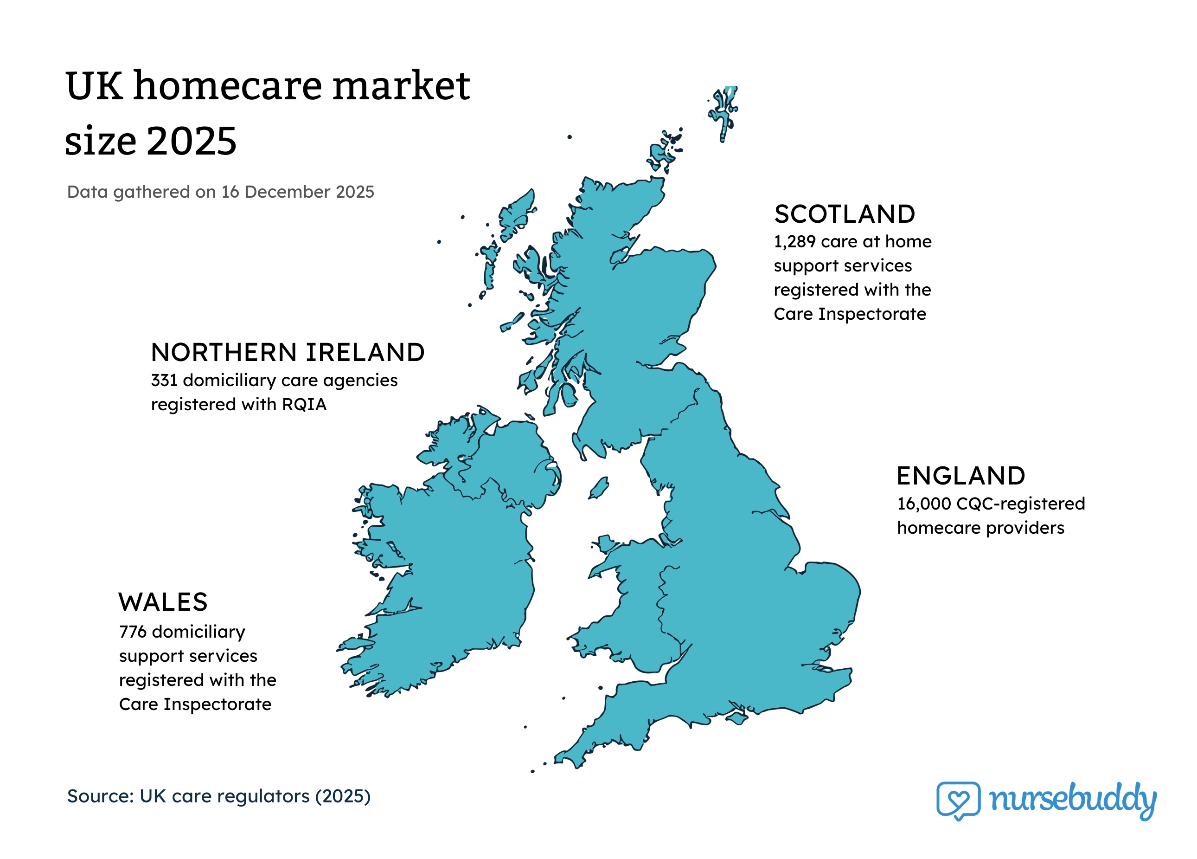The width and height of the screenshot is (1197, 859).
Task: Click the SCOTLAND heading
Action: (x=844, y=214)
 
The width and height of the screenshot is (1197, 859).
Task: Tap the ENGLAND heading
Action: (x=960, y=476)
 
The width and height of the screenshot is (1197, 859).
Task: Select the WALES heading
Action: (x=163, y=602)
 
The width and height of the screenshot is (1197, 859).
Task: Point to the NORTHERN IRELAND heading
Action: (x=288, y=353)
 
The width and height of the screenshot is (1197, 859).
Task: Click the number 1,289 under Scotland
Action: (x=794, y=242)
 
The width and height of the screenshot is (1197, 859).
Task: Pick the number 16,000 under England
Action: (x=924, y=504)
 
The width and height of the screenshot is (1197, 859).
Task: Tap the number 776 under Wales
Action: (x=133, y=632)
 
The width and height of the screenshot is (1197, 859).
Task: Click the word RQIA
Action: (x=305, y=405)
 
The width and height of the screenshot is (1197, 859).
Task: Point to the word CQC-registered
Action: (x=1021, y=504)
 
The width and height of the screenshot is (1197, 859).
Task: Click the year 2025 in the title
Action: (x=192, y=142)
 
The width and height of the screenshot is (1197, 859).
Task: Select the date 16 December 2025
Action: (x=297, y=192)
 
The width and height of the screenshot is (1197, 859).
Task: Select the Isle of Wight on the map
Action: (x=737, y=718)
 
